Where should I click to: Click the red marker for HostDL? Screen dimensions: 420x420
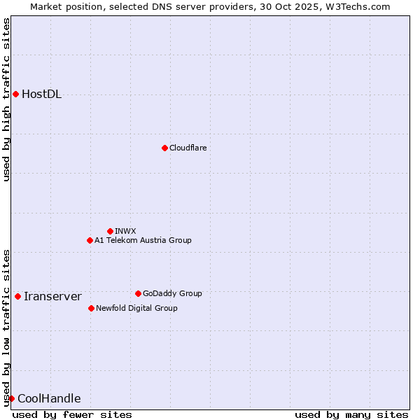pos(15,94)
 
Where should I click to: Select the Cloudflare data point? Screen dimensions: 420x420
pos(164,148)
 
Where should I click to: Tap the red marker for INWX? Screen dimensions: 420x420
pos(110,231)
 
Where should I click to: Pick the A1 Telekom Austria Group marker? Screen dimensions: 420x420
pos(90,240)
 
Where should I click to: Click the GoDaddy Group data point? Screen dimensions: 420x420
pos(138,293)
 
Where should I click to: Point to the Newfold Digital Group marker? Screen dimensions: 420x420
pos(91,308)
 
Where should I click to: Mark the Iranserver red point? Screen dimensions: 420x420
pos(17,296)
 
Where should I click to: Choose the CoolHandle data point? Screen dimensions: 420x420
pos(11,398)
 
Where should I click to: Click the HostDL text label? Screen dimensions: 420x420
pos(42,94)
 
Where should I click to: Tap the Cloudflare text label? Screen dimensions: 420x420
pos(188,148)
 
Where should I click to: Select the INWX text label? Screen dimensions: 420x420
pos(125,231)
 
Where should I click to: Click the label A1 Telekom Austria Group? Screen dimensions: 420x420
pos(143,240)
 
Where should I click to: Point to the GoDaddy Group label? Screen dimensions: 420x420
pos(172,293)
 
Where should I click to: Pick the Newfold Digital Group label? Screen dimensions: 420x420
pos(136,308)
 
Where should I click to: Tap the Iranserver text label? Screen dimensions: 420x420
pos(52,297)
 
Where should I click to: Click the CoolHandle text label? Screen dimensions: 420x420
pos(49,399)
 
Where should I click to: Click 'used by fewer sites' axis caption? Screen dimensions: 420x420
pos(72,414)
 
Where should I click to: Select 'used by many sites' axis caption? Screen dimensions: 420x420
pos(351,414)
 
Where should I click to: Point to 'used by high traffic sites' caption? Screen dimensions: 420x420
pos(6,99)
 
